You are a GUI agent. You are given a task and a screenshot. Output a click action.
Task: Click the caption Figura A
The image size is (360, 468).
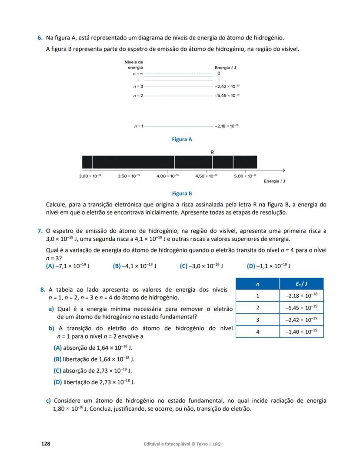[x=182, y=139]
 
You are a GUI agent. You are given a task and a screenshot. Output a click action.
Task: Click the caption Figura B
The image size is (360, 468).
[x=182, y=193]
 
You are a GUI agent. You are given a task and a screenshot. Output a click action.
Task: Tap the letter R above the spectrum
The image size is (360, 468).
[x=212, y=152]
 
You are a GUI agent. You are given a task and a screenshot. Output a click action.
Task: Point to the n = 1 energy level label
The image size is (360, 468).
[x=139, y=126]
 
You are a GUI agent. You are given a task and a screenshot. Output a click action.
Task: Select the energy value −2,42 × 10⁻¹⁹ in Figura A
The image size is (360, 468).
[x=227, y=87]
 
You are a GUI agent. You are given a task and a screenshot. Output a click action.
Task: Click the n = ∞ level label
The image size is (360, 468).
[x=138, y=74]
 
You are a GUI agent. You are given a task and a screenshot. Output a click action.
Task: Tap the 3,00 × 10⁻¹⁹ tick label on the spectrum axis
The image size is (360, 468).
[x=90, y=176]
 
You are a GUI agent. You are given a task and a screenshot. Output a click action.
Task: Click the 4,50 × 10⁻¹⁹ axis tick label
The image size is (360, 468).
[x=207, y=176]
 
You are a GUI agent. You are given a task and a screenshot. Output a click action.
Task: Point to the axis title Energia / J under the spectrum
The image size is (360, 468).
[x=274, y=181]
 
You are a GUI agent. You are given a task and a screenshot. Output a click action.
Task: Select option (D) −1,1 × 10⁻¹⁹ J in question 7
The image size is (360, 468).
[x=269, y=266]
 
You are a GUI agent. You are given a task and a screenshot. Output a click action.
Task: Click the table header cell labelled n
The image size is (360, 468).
[x=257, y=284]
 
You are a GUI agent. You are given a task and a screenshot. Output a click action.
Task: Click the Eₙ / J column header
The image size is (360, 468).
[x=301, y=284]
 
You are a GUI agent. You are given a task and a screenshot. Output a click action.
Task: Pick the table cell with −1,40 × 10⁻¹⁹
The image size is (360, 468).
[x=301, y=332]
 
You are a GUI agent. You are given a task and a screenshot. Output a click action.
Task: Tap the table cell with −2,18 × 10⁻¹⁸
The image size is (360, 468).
[x=301, y=295]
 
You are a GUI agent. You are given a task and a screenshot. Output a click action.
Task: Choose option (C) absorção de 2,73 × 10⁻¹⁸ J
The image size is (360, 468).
[x=93, y=371]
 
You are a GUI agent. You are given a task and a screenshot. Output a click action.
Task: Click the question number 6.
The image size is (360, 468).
[x=40, y=38]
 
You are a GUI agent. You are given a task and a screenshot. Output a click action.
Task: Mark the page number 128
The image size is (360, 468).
[x=45, y=444]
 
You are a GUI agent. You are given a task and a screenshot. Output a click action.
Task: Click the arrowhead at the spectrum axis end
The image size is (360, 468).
[x=283, y=169]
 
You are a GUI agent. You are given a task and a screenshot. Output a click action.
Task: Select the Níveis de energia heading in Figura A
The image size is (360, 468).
[x=133, y=65]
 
